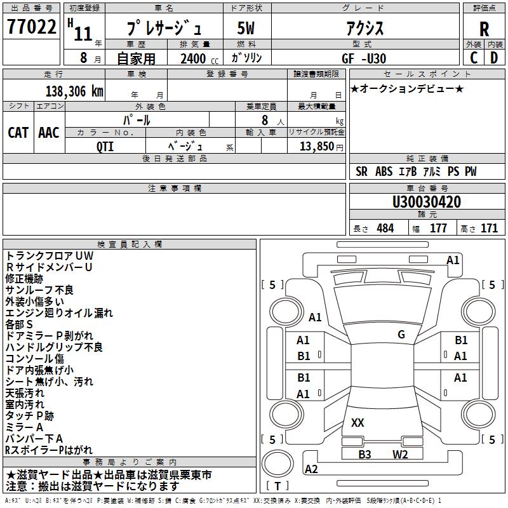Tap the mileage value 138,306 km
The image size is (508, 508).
[74, 91]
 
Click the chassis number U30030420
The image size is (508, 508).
[427, 203]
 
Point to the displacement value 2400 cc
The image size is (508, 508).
[196, 59]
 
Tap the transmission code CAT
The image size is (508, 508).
[18, 133]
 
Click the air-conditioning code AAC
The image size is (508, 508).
[49, 133]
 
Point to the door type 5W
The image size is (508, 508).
[247, 29]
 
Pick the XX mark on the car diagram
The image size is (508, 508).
[358, 422]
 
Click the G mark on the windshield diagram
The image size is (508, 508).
[401, 335]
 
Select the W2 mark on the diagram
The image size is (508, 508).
[399, 454]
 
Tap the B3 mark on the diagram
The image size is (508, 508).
[364, 454]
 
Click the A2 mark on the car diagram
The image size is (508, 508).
[311, 469]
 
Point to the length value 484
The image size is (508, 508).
[385, 229]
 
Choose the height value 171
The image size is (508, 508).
[489, 229]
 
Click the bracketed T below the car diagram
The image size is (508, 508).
[277, 486]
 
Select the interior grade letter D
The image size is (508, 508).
[494, 58]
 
